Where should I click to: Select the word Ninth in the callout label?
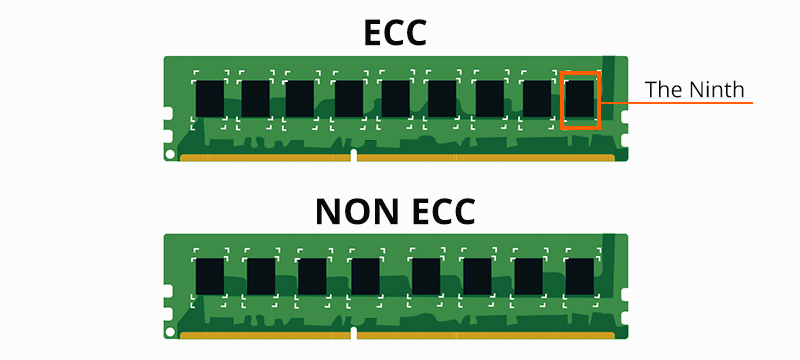(718, 89)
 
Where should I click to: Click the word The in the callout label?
(663, 89)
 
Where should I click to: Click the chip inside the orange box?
(580, 99)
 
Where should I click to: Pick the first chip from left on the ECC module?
(209, 98)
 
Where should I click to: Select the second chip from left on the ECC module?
(255, 98)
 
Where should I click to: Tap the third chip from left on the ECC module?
(300, 98)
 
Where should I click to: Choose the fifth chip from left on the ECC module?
(395, 98)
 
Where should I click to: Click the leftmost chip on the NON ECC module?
(209, 276)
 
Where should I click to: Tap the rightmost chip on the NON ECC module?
(579, 276)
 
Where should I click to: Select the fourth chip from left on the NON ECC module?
(365, 276)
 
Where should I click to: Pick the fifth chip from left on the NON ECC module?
(425, 276)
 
